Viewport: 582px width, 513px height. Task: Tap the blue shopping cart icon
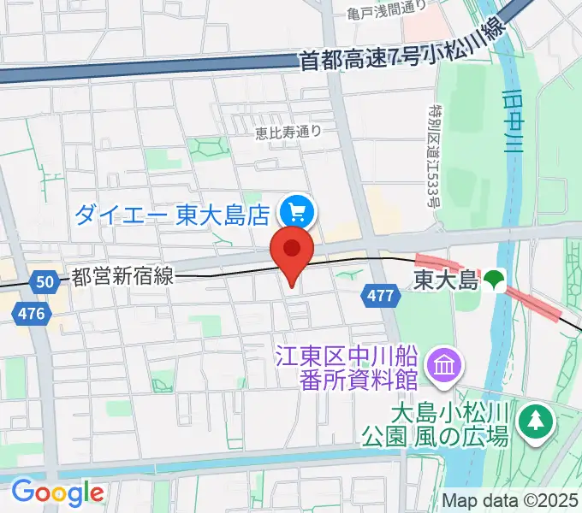point(299,211)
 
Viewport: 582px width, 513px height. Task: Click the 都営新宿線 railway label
point(123,276)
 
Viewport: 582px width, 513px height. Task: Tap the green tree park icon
point(537,420)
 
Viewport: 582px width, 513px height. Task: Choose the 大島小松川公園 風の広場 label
point(450,424)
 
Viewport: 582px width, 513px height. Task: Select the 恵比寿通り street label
point(288,132)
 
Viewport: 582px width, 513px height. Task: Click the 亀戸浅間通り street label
point(387,9)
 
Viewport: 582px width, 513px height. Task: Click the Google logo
point(57,493)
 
